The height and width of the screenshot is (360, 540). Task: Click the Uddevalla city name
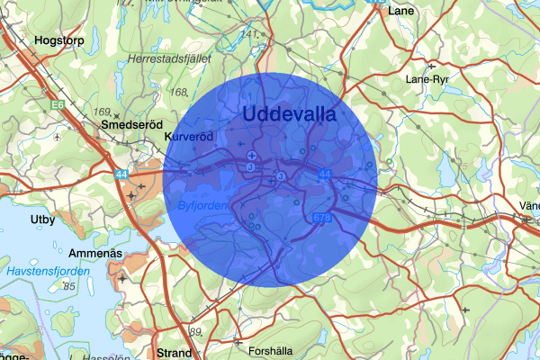(x=288, y=115)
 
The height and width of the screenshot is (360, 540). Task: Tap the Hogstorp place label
(x=58, y=40)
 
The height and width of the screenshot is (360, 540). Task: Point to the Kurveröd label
(x=191, y=137)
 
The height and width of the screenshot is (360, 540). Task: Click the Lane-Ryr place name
(x=427, y=79)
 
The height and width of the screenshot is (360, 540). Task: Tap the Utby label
(x=42, y=220)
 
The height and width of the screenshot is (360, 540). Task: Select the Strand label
(x=174, y=353)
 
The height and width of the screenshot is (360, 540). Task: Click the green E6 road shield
(x=58, y=105)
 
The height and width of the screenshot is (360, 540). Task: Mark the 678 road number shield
(x=323, y=219)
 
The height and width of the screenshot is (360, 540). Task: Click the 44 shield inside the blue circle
(x=325, y=174)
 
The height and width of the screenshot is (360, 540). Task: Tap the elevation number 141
(x=249, y=34)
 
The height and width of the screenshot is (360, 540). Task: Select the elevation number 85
(x=68, y=286)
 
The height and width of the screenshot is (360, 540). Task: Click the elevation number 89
(x=196, y=332)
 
